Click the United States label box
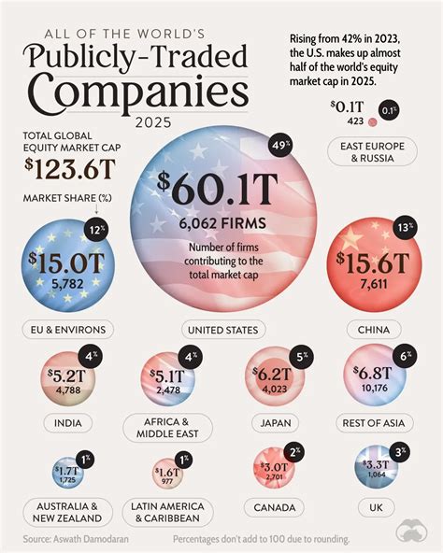pos(221,330)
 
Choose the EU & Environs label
pos(67,329)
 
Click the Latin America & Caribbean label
pos(174,512)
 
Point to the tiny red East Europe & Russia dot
pos(372,121)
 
